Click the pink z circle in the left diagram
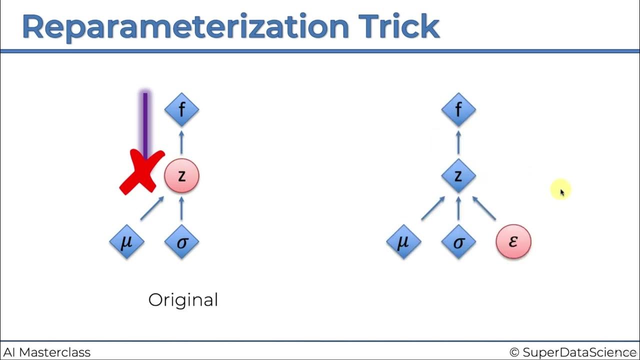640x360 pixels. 181,175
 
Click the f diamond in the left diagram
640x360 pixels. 181,109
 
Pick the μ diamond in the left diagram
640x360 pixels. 126,242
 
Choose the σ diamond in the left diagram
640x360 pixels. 181,242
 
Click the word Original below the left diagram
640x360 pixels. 183,300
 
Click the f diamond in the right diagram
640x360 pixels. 458,109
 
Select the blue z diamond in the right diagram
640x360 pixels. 458,175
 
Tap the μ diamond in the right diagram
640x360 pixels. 403,242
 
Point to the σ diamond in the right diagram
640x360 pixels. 458,242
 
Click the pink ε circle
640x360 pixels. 513,242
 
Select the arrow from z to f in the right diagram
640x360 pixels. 458,142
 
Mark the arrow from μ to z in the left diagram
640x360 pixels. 152,208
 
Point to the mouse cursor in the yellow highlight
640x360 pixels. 561,191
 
